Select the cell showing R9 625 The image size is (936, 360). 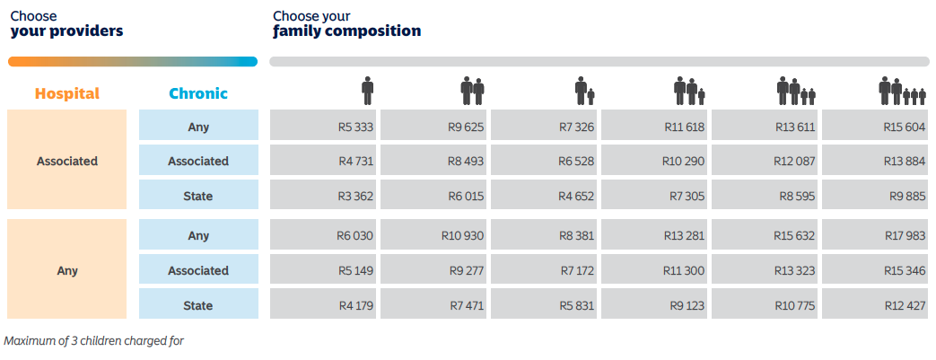coord(466,127)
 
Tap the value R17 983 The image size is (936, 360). coord(904,235)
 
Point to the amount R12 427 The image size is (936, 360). coord(904,305)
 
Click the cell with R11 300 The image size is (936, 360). coord(684,270)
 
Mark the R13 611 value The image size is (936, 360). coord(795,127)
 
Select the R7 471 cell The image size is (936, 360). coord(466,305)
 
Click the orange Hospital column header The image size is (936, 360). coord(67,93)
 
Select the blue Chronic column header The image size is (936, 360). coord(198,93)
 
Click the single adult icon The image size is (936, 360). coord(366,91)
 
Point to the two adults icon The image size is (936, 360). coord(472,91)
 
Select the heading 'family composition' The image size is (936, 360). coord(347,31)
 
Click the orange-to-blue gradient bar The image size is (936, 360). coord(132,62)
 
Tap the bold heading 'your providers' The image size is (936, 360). coord(66,31)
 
